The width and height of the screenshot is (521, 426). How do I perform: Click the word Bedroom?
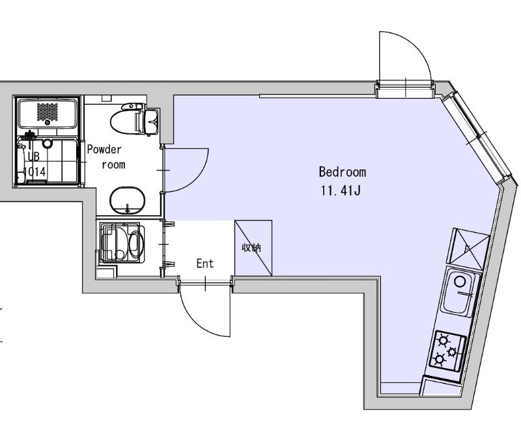click(x=343, y=172)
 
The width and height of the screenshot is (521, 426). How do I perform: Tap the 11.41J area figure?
click(x=341, y=191)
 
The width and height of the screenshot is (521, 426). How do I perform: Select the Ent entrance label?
click(x=205, y=264)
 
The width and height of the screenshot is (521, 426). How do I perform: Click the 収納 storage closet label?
click(x=251, y=248)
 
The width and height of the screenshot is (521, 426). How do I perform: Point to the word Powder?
click(x=104, y=150)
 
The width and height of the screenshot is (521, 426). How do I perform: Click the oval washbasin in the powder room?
click(x=128, y=201)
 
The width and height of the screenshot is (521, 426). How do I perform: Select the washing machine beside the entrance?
click(x=122, y=243)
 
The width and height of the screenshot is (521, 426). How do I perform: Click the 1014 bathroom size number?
click(x=35, y=172)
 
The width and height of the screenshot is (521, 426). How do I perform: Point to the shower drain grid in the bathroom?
click(x=48, y=112)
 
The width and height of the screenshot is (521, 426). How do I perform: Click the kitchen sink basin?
click(x=460, y=292)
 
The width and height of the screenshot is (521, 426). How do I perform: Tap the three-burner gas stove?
click(x=447, y=350)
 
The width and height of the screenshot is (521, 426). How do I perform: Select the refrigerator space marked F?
click(x=468, y=248)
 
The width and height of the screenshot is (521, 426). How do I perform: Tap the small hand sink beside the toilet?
click(x=152, y=122)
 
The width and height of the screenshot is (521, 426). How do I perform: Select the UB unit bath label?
click(x=34, y=157)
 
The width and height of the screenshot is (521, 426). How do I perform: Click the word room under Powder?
click(x=113, y=165)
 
